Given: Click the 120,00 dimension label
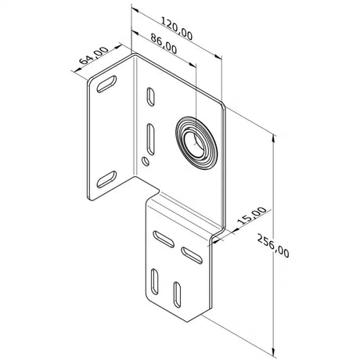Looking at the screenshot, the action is (177, 29).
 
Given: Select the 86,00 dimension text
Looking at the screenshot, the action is (164, 44).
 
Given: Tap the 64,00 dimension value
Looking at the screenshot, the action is (94, 56).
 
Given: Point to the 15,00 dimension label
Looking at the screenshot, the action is (252, 216).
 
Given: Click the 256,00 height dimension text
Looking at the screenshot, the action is (273, 246).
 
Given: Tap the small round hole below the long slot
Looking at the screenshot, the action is (146, 161).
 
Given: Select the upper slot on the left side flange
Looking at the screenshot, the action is (106, 84).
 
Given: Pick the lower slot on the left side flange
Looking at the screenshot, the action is (106, 179).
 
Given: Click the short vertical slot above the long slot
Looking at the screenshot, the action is (150, 97).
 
